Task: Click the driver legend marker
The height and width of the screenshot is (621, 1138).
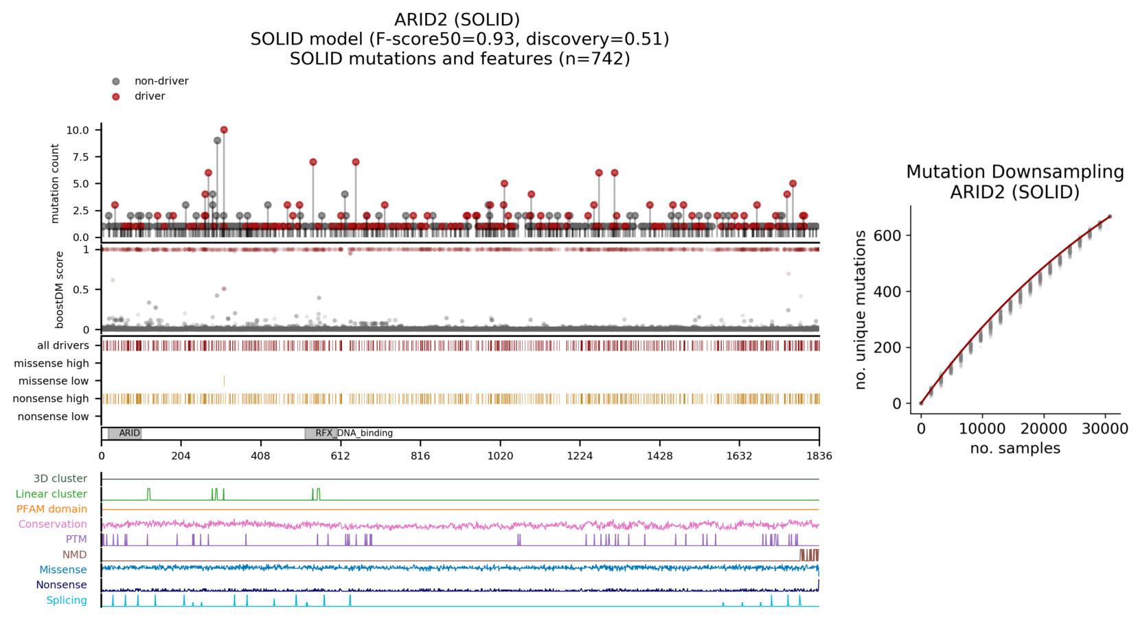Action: click(116, 97)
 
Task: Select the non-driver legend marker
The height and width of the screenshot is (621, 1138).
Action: click(116, 82)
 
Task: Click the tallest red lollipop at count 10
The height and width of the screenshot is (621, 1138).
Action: click(224, 130)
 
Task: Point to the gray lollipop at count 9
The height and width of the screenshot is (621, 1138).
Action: click(218, 141)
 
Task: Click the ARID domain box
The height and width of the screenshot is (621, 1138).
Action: click(125, 433)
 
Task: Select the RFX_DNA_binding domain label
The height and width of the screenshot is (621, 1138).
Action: click(354, 433)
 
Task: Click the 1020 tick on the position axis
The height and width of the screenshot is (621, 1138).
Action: click(500, 456)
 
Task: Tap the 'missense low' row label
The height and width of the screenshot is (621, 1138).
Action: click(54, 381)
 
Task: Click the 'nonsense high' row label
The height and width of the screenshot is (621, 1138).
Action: click(51, 399)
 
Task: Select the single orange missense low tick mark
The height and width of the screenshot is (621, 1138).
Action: click(224, 381)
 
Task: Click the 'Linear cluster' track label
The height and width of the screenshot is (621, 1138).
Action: click(52, 494)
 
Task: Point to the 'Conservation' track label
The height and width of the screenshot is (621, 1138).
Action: click(53, 524)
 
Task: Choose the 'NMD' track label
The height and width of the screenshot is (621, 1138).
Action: click(75, 554)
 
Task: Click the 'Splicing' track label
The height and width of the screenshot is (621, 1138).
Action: click(67, 600)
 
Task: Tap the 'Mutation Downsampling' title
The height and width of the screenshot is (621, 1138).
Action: click(1014, 172)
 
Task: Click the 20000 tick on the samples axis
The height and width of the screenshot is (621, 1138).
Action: click(1044, 429)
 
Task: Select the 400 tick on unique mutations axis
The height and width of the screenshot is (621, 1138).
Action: click(887, 292)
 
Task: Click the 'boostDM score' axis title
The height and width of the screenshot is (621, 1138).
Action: click(60, 290)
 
